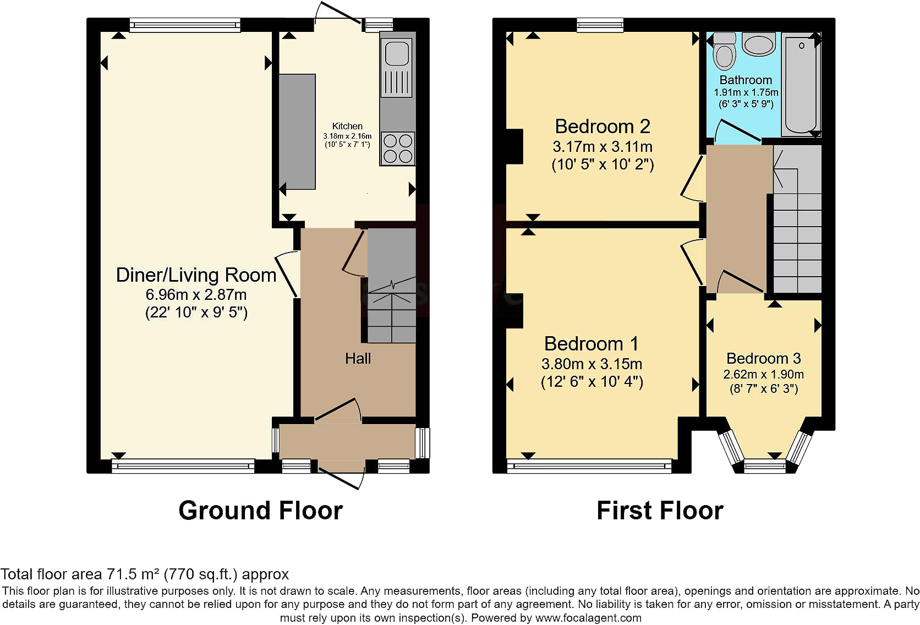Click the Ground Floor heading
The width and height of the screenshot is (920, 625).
click(x=260, y=511)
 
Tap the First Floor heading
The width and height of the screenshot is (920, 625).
click(x=660, y=511)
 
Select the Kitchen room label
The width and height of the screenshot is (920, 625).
click(x=347, y=126)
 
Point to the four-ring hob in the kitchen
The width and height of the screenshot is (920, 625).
click(x=397, y=149)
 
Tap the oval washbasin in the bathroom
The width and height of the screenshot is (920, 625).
click(x=759, y=45)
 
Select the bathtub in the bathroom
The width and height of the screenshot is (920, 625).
click(x=801, y=84)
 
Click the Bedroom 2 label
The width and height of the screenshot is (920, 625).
click(x=603, y=127)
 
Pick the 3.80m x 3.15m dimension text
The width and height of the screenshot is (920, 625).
click(x=592, y=364)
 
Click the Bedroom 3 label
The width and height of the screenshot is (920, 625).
click(x=764, y=359)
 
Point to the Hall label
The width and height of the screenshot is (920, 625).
click(x=358, y=359)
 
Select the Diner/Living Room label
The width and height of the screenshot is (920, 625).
click(x=196, y=275)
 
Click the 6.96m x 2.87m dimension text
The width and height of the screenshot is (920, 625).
click(x=196, y=294)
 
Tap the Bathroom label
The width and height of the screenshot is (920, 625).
click(x=746, y=80)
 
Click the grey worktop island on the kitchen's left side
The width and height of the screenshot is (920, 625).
click(x=297, y=131)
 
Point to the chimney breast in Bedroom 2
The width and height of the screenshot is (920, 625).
click(x=514, y=146)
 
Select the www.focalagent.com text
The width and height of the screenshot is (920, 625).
click(x=588, y=618)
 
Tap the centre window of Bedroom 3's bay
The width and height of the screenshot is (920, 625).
click(x=765, y=466)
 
